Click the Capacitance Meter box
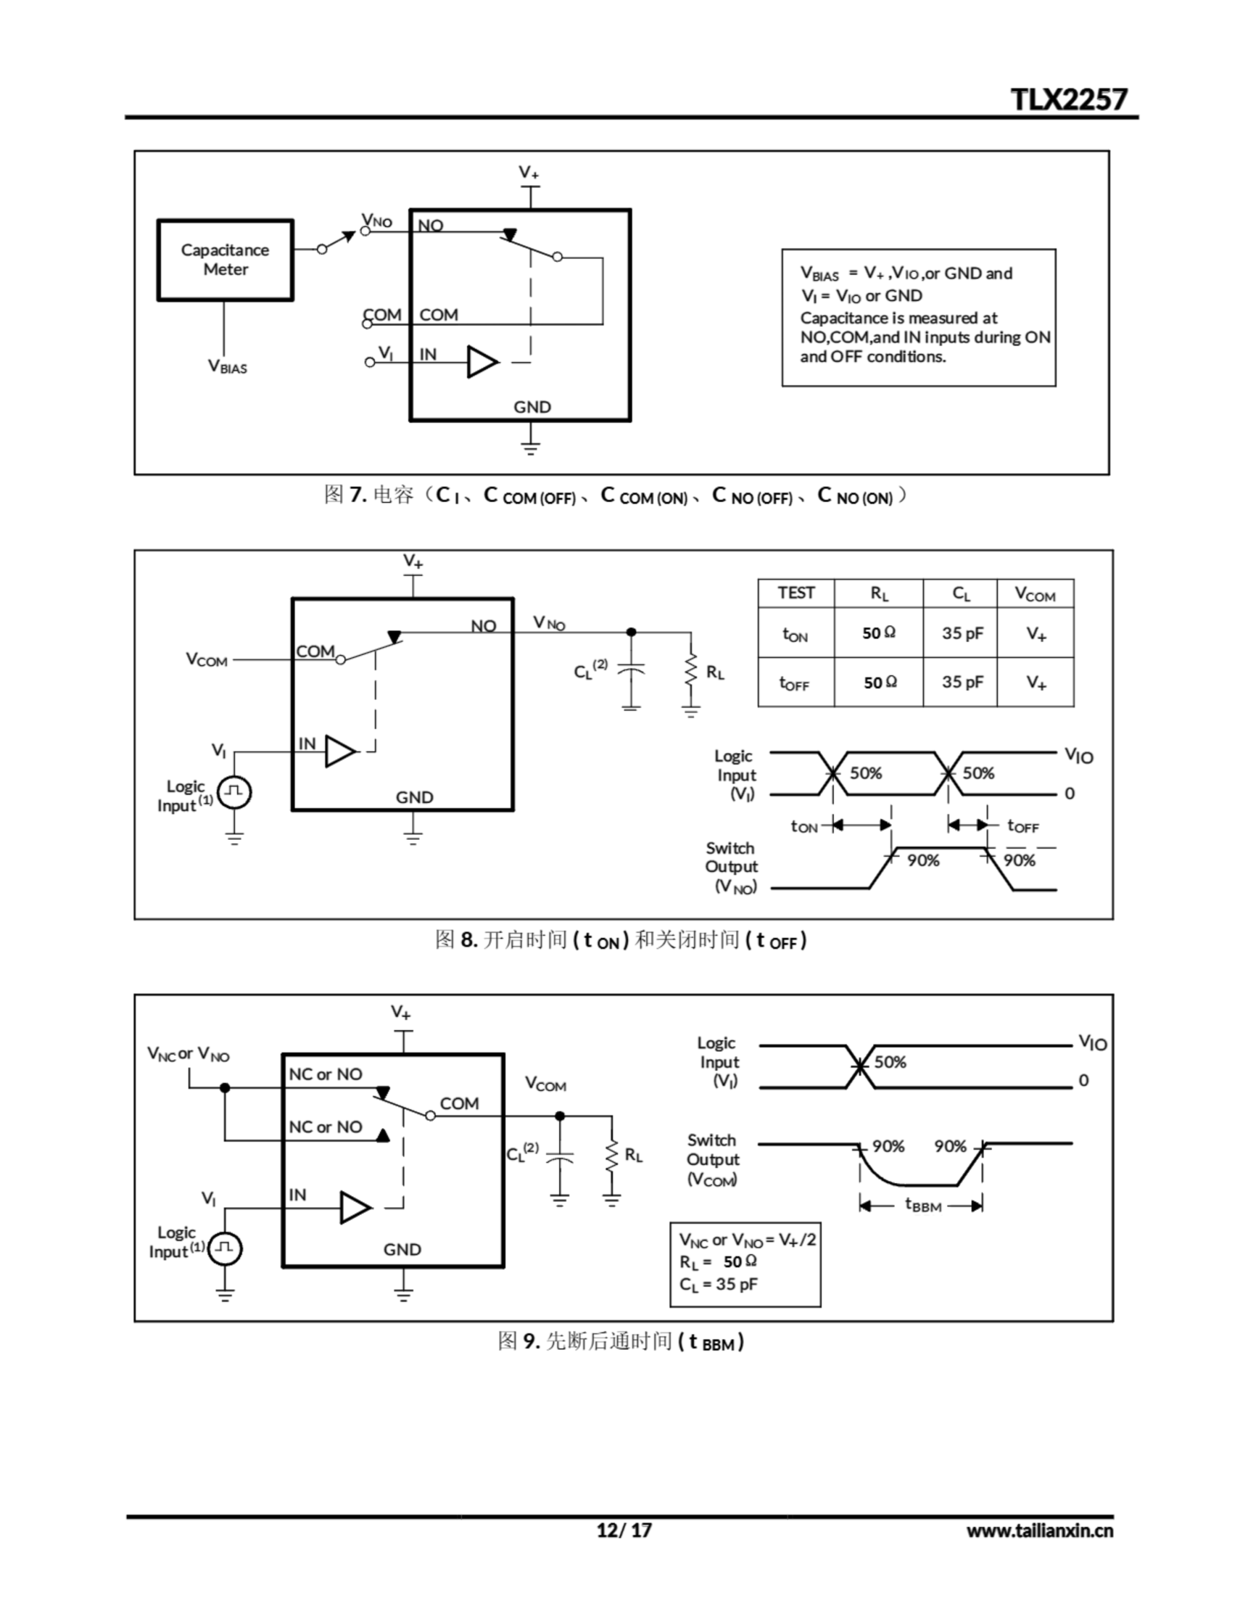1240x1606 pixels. (x=225, y=260)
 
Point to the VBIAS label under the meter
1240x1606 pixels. (x=227, y=366)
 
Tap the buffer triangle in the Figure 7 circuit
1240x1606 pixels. (x=481, y=362)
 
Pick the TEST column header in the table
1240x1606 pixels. (x=796, y=593)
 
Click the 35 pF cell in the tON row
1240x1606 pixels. (x=962, y=633)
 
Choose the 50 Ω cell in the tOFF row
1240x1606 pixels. (x=880, y=683)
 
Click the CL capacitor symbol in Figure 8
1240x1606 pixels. (x=631, y=670)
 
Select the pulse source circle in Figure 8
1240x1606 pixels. (x=234, y=792)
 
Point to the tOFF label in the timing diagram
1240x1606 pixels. (x=1022, y=827)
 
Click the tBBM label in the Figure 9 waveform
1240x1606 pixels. (x=922, y=1204)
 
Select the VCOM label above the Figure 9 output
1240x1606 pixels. (x=545, y=1084)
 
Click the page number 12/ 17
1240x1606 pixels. (x=623, y=1530)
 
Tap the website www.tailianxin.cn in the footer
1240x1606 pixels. (x=1039, y=1530)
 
